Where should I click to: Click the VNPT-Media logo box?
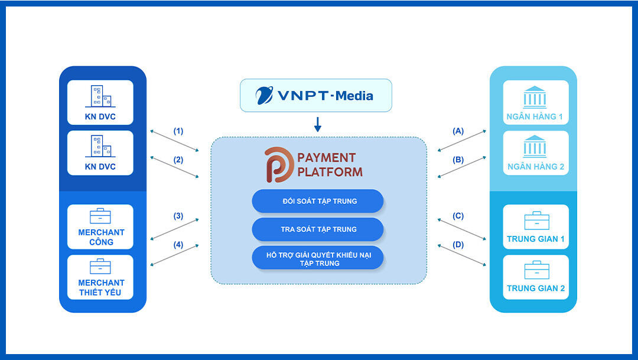point(315,95)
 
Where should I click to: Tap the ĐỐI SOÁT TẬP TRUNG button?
point(318,201)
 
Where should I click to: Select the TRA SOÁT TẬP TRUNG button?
point(318,229)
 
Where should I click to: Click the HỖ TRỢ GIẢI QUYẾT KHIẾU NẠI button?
point(318,258)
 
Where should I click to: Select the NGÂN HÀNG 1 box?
point(535,102)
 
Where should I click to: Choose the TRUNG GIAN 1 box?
point(536,226)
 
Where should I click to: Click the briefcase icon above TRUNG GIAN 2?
point(536,270)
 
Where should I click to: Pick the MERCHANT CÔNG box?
point(100,226)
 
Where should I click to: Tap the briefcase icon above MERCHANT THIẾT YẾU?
point(100,267)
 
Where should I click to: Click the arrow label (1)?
point(178,131)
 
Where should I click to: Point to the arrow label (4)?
point(178,245)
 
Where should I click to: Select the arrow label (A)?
point(458,131)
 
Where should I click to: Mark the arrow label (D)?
point(458,245)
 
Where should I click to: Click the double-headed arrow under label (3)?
point(175,229)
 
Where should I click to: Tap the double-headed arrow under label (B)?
point(461,167)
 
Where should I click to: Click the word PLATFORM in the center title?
point(330,172)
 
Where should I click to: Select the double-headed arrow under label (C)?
point(461,229)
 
